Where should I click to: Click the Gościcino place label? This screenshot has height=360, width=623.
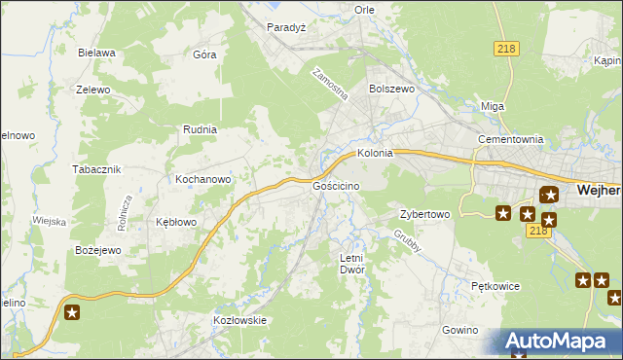(x=337, y=185)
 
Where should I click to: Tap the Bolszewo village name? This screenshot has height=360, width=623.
(x=392, y=88)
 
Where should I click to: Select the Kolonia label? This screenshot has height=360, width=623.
(x=375, y=153)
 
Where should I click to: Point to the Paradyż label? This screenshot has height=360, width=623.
(x=287, y=27)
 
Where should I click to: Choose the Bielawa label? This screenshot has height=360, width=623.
(x=97, y=53)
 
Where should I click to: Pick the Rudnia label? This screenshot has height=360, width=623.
(x=200, y=128)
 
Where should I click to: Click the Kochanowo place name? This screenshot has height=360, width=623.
(x=202, y=179)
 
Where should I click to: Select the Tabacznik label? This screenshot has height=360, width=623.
(x=95, y=168)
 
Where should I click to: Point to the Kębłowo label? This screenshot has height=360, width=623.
(x=176, y=222)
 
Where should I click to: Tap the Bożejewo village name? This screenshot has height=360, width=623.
(x=97, y=250)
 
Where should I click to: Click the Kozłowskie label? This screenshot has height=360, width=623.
(x=239, y=320)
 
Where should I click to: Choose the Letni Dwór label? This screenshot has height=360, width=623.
(x=350, y=264)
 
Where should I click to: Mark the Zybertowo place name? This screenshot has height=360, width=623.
(x=424, y=214)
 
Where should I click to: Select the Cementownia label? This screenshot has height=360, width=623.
(x=510, y=139)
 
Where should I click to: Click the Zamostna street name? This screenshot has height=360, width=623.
(x=329, y=85)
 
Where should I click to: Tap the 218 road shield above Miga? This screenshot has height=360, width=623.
(x=506, y=50)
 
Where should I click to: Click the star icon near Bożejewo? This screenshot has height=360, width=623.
(x=73, y=312)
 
